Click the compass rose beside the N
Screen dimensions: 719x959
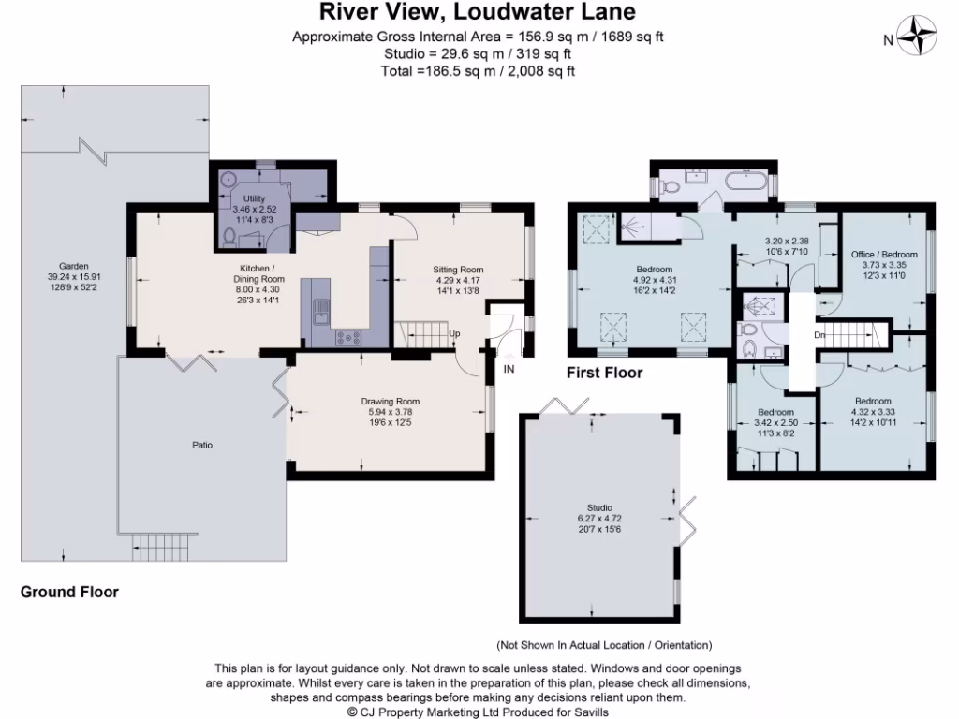click(x=919, y=38)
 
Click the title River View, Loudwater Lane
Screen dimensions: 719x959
click(x=478, y=12)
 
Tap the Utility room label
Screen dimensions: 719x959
click(x=248, y=199)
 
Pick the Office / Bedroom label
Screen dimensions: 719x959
click(x=883, y=254)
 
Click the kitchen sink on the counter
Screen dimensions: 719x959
click(x=320, y=308)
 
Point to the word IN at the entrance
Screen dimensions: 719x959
click(x=509, y=370)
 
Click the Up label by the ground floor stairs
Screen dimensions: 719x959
click(x=454, y=333)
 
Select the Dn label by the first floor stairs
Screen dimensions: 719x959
click(x=819, y=334)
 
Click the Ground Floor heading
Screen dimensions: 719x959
click(x=69, y=593)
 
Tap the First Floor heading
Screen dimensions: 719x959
click(x=604, y=373)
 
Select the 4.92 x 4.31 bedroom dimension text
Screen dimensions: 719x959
click(x=655, y=279)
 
